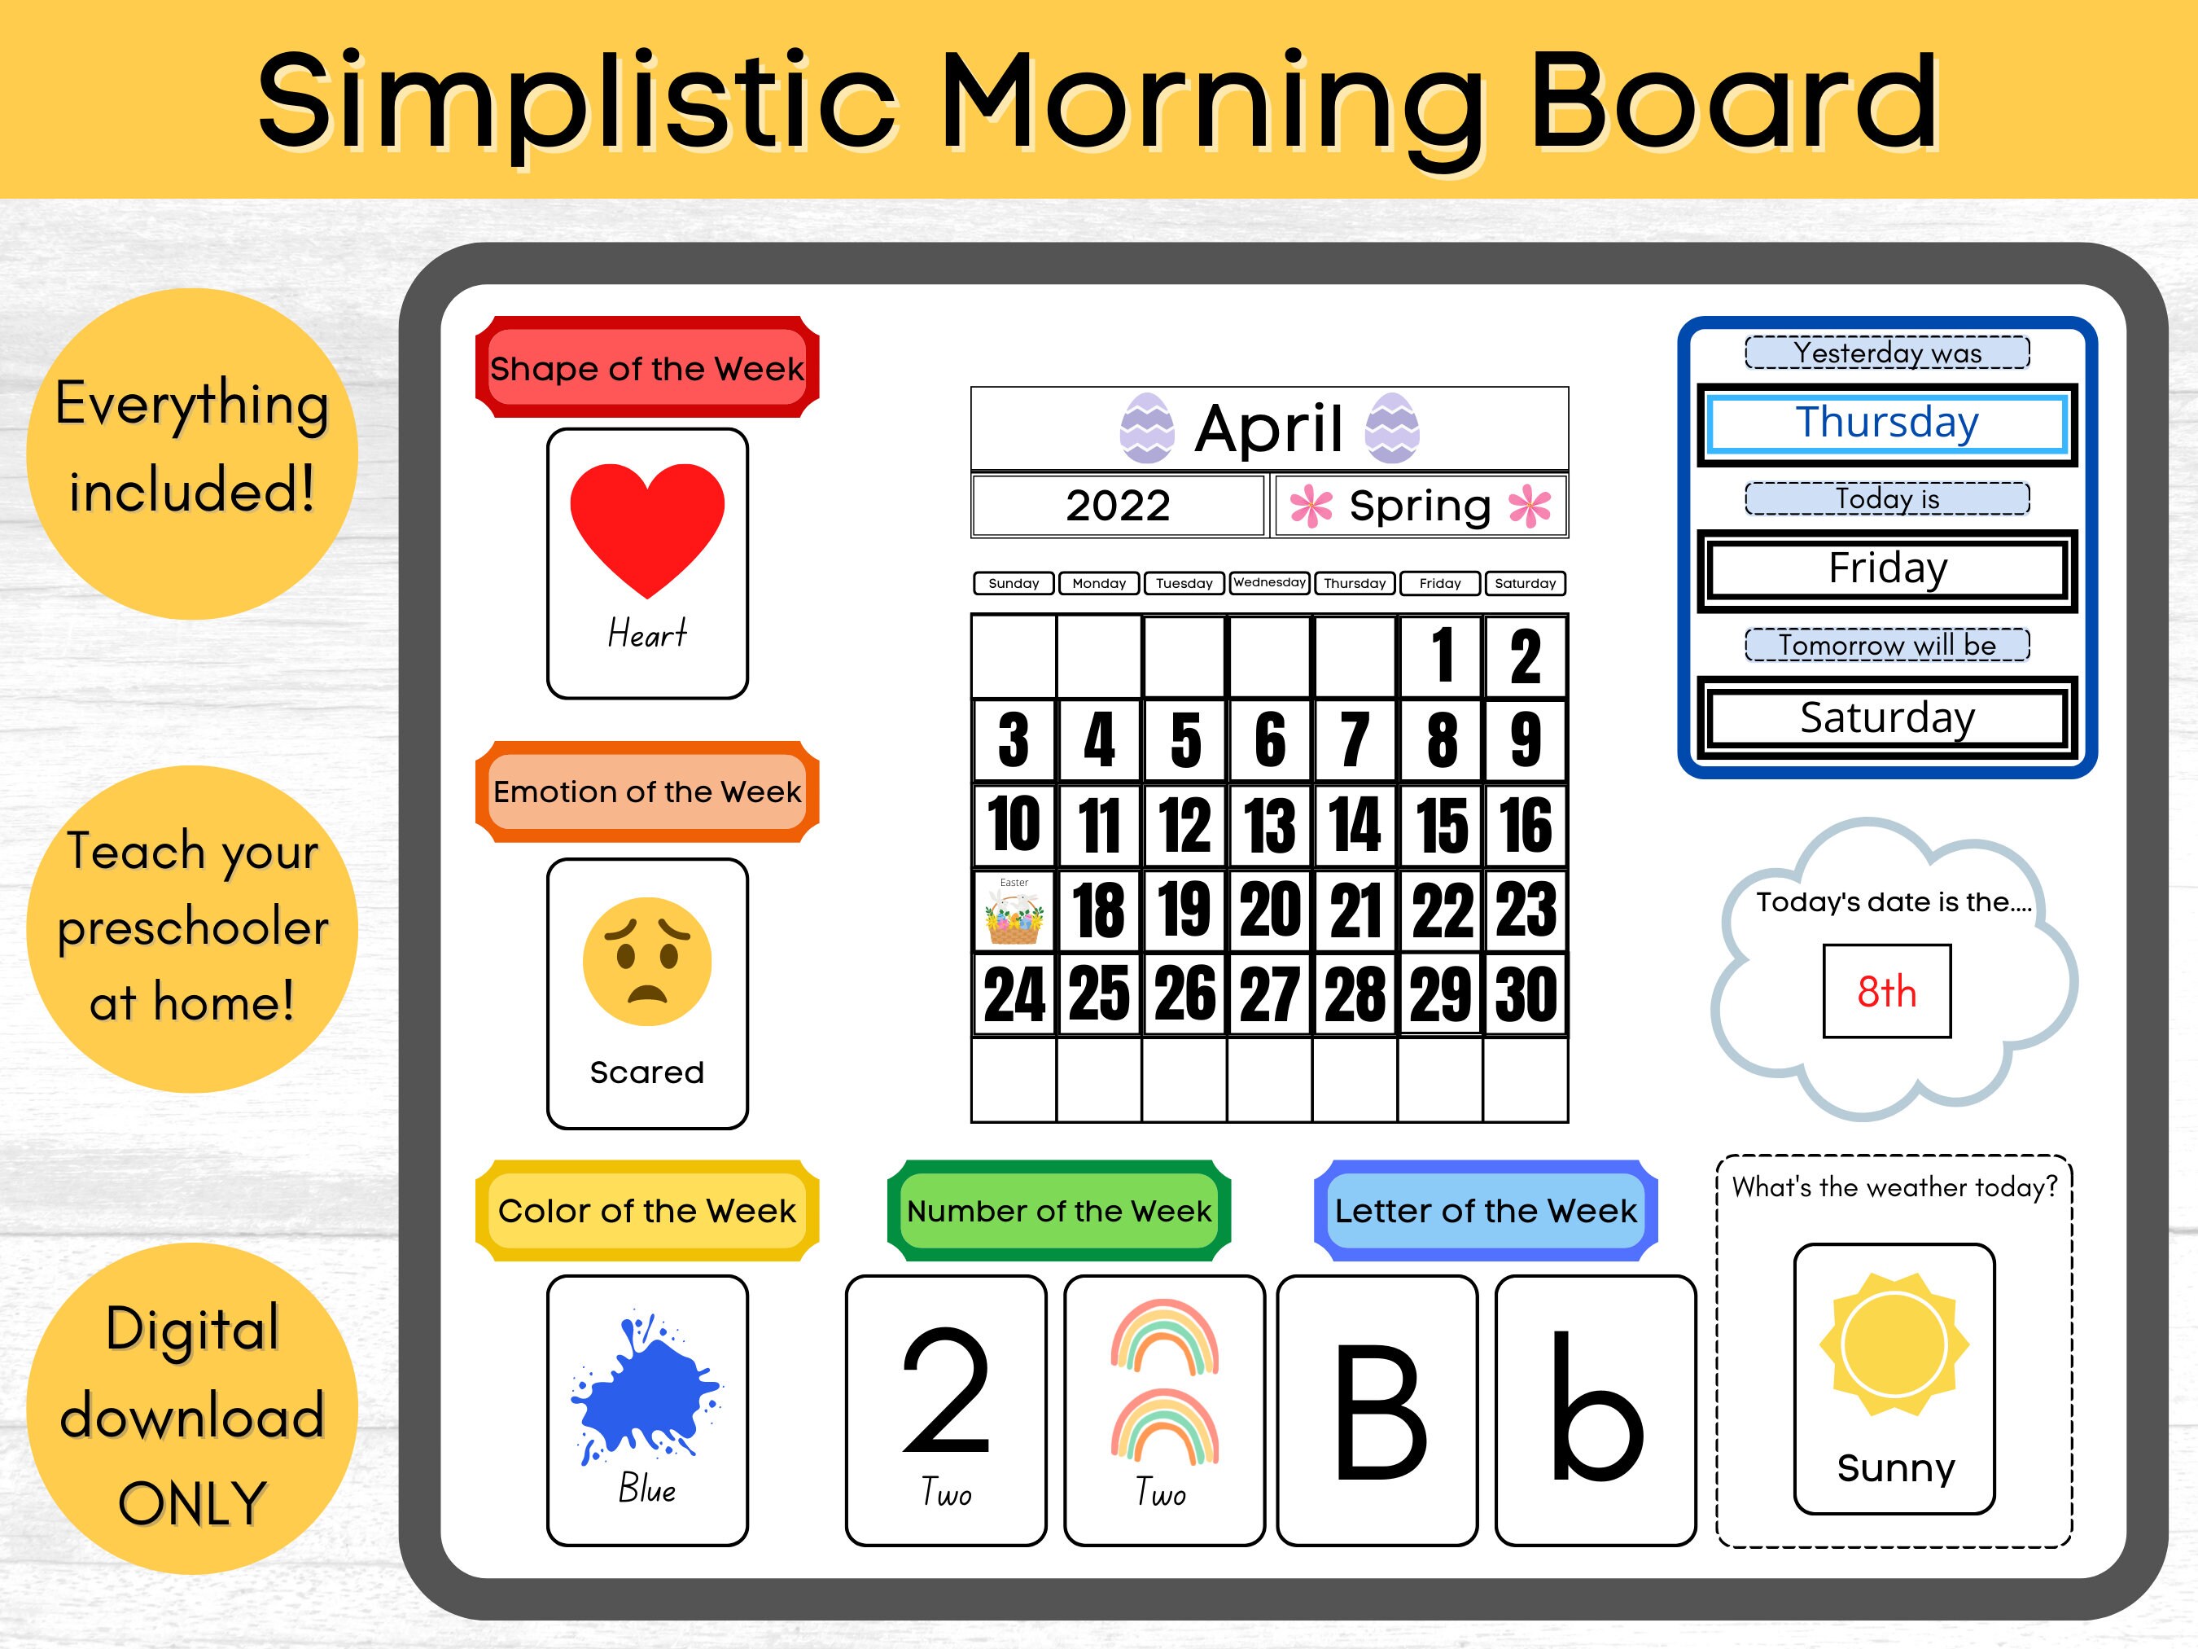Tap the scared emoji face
(x=647, y=961)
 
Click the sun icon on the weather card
(x=1894, y=1344)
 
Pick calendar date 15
(x=1441, y=825)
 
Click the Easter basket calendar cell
(x=1014, y=910)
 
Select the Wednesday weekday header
(x=1270, y=582)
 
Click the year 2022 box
(x=1118, y=506)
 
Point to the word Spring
(x=1420, y=506)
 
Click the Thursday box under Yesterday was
(x=1887, y=423)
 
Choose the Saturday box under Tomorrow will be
(x=1887, y=717)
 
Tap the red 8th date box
(x=1886, y=991)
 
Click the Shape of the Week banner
(x=647, y=368)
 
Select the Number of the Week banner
(x=1059, y=1211)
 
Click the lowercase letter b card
(x=1595, y=1410)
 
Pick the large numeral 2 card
(x=946, y=1410)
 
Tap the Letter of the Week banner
(x=1486, y=1211)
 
